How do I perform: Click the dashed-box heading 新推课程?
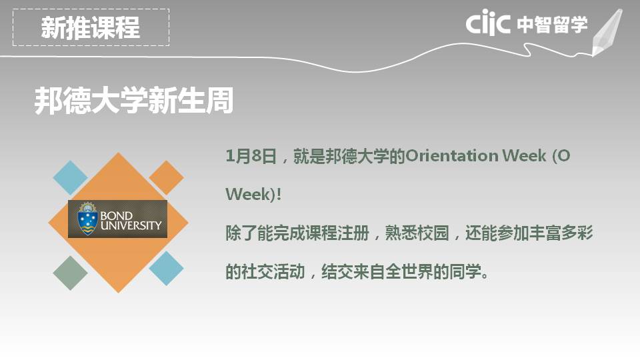(91, 28)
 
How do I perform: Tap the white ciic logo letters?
(488, 23)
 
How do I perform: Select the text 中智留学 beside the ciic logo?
(552, 25)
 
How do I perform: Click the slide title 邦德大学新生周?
(134, 100)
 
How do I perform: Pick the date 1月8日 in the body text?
(251, 156)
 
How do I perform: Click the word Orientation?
(452, 155)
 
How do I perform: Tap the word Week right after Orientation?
(524, 155)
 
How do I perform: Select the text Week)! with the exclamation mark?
(253, 194)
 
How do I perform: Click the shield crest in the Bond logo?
(87, 219)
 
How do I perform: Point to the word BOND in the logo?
(116, 215)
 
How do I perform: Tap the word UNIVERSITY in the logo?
(131, 225)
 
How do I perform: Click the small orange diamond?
(166, 177)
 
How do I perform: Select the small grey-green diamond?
(70, 273)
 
